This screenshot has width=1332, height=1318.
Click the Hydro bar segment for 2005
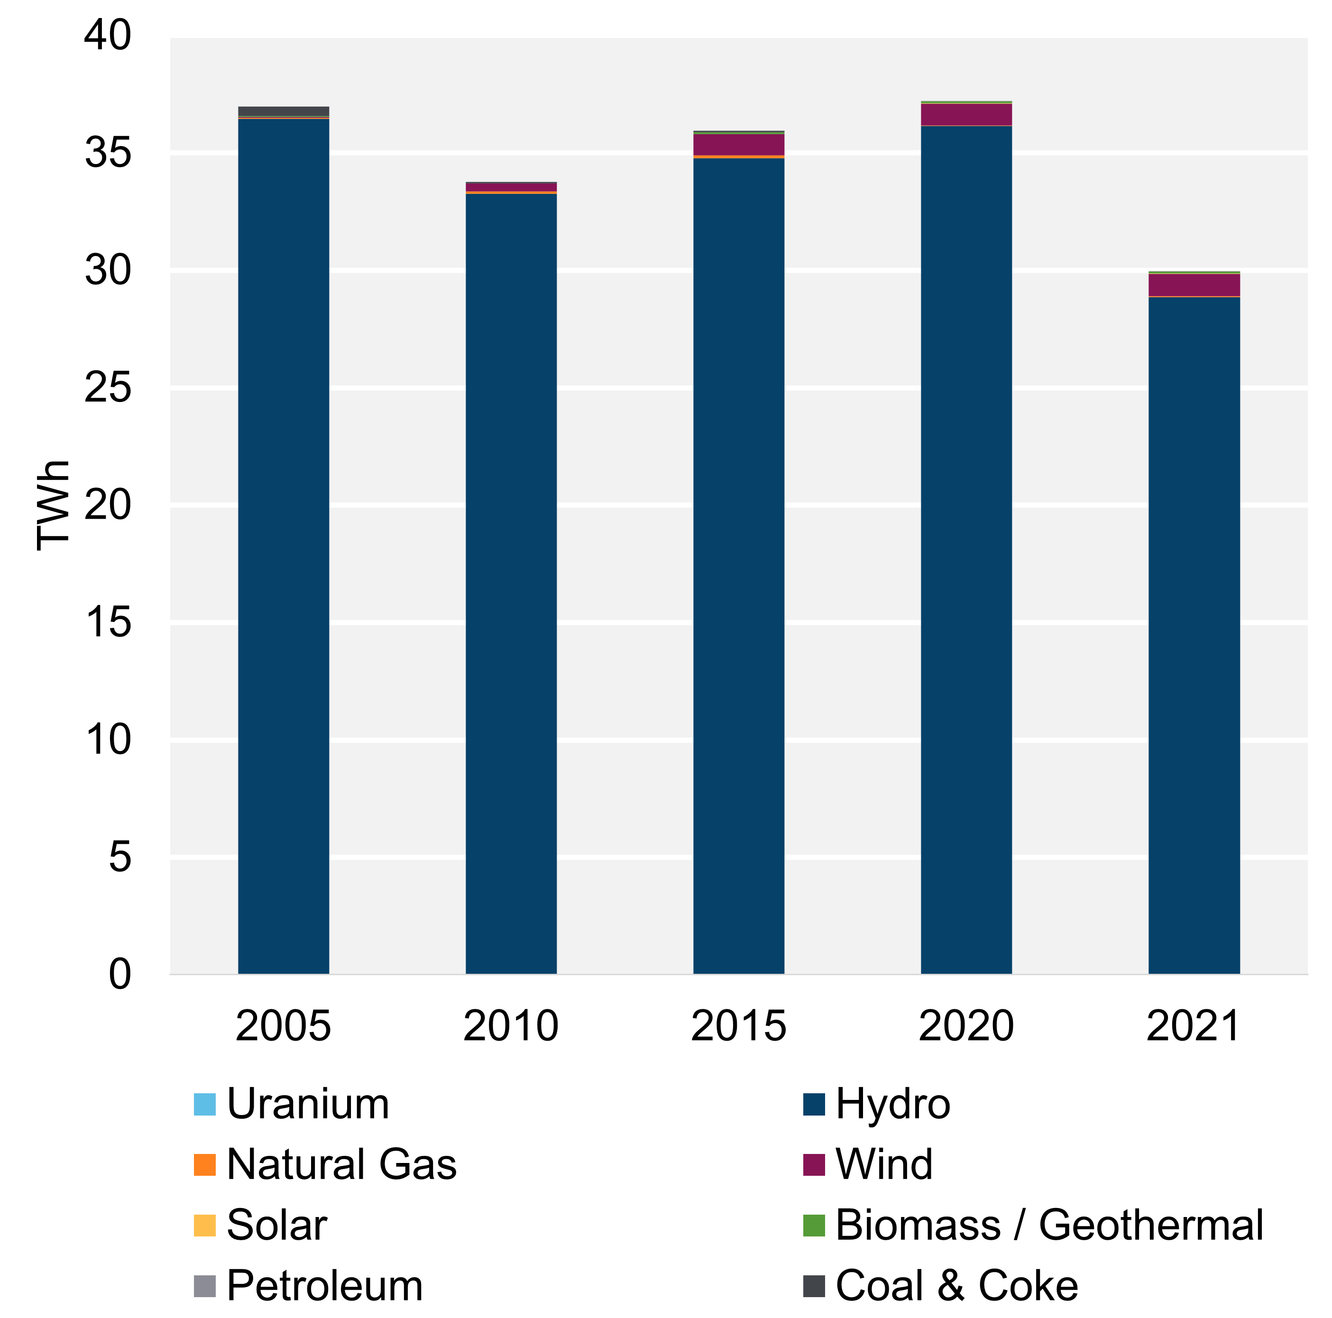[284, 545]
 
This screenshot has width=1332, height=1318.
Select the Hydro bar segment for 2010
[511, 583]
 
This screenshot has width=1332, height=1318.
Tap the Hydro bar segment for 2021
[1194, 634]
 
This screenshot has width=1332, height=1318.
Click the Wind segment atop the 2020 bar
[966, 114]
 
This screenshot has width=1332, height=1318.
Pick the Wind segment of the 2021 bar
[1194, 284]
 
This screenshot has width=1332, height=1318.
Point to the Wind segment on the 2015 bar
[738, 144]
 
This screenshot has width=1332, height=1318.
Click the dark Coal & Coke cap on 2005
[284, 111]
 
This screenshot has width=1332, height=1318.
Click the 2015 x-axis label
[738, 1026]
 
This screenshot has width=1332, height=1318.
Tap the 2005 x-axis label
[284, 1026]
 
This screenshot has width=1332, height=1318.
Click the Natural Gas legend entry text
[341, 1164]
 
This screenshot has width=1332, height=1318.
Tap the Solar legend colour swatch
[205, 1225]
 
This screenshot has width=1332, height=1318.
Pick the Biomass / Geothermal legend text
[1048, 1225]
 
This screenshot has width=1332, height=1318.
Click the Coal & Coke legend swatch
[814, 1286]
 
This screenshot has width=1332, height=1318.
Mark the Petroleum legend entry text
[324, 1286]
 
